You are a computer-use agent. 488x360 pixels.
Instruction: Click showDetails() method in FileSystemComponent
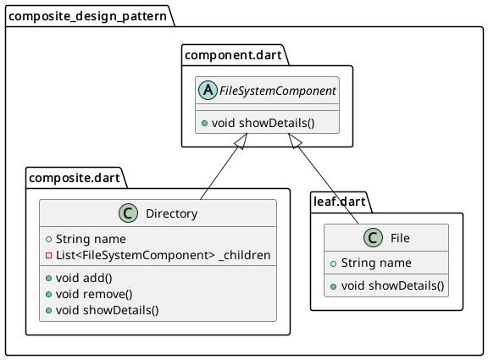(x=268, y=122)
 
